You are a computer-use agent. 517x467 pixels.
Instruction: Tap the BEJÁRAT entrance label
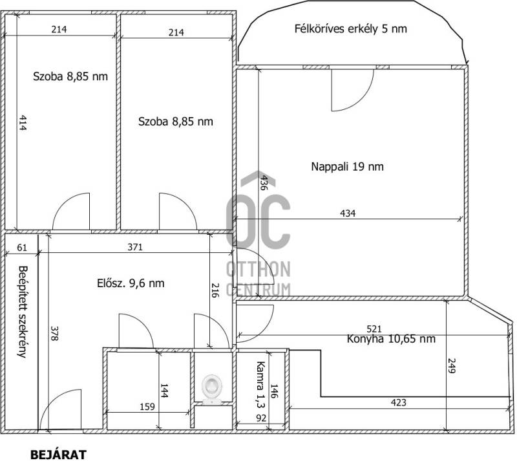click(58, 455)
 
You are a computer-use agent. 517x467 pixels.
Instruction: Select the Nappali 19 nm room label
click(347, 166)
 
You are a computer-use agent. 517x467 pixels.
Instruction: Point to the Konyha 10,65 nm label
click(391, 339)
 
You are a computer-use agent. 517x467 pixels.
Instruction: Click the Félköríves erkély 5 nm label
click(350, 28)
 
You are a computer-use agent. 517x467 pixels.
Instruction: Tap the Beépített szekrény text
click(23, 312)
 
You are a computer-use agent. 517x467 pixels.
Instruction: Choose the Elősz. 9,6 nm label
click(131, 283)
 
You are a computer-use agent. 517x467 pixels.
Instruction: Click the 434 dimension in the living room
click(348, 213)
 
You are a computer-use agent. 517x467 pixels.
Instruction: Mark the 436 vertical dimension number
click(263, 182)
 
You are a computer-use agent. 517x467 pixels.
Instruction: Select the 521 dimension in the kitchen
click(374, 329)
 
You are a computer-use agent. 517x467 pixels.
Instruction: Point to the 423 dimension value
click(398, 402)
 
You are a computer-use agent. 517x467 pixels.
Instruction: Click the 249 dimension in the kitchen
click(451, 365)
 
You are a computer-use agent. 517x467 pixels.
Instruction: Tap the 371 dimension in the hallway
click(135, 247)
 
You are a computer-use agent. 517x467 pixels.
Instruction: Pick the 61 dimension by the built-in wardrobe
click(22, 247)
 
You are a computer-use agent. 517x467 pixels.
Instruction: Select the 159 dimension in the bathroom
click(147, 406)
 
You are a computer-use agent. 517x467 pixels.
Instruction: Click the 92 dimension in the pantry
click(261, 418)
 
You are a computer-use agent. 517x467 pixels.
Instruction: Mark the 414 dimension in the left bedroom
click(23, 122)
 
